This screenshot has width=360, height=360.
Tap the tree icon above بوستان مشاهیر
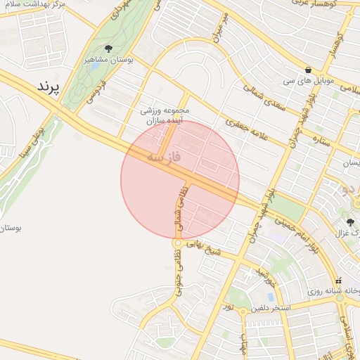[x=108, y=48]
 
